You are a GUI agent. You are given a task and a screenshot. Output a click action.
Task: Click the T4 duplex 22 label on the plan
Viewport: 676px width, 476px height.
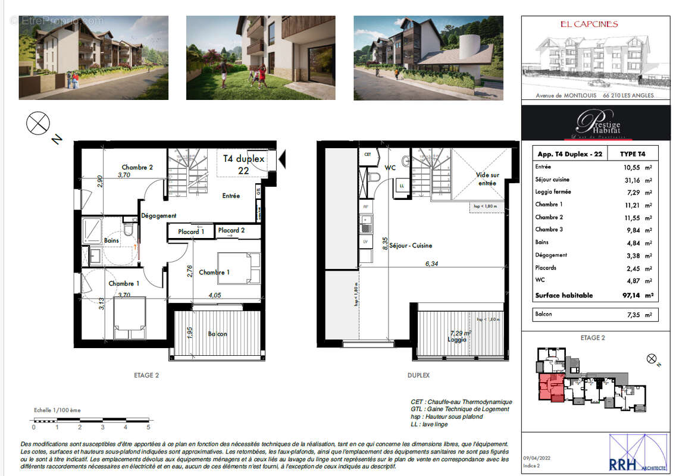[x=243, y=164]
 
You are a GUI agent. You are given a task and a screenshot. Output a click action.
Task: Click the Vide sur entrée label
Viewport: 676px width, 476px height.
[x=487, y=179]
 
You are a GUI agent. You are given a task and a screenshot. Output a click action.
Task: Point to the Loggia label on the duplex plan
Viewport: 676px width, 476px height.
[x=457, y=340]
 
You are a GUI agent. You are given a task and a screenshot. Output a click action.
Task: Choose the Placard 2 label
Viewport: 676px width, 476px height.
[x=231, y=230]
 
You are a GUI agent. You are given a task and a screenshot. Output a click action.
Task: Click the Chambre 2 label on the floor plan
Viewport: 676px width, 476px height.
[x=137, y=167]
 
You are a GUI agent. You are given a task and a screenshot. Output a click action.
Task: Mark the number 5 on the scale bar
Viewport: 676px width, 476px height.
[x=148, y=427]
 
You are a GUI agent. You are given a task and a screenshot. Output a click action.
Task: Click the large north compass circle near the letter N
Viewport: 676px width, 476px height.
[x=37, y=124]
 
